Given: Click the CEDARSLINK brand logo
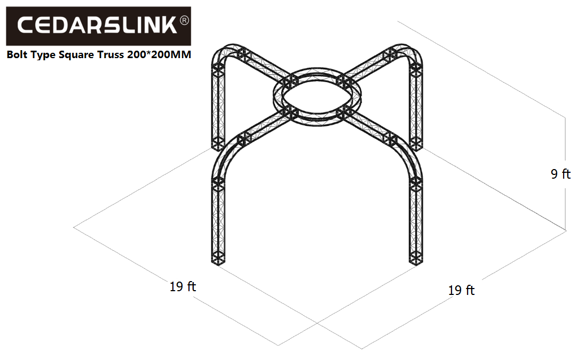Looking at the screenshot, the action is tap(98, 26).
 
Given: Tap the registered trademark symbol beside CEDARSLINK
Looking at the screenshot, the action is tap(184, 21).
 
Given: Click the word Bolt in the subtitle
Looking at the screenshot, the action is tap(17, 54).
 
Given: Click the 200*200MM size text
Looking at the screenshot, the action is tap(159, 54).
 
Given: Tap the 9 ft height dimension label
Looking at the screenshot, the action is tap(560, 174).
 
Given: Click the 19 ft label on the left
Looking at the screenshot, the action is tap(183, 286).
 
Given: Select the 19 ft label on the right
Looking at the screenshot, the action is tap(461, 290).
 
